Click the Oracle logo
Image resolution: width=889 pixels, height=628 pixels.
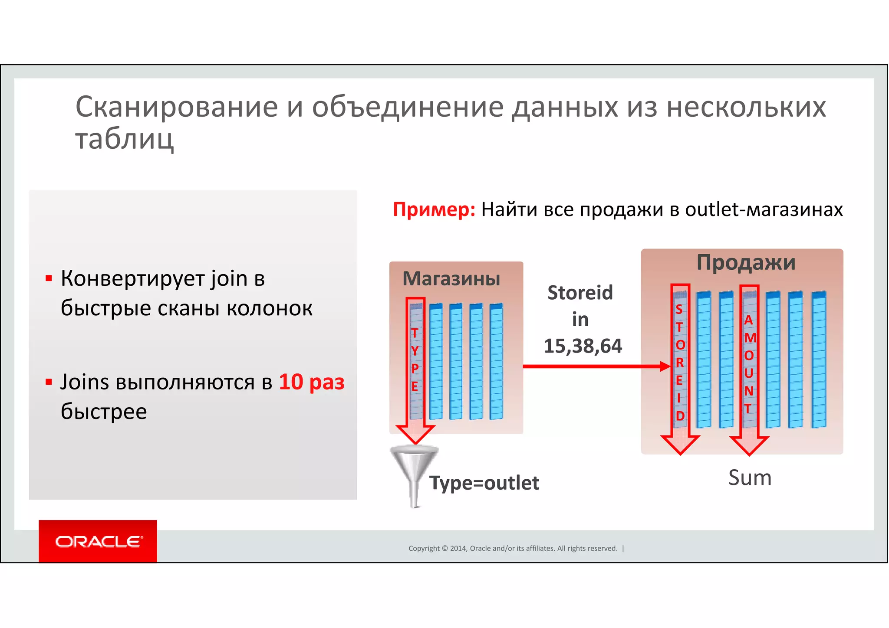click(98, 541)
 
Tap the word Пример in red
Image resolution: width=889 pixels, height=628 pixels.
click(434, 209)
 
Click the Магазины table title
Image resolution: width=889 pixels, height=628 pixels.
click(451, 278)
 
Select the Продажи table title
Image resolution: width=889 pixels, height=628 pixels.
click(746, 262)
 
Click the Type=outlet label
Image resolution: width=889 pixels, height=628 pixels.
click(484, 483)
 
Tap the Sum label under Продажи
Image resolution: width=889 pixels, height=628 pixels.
click(750, 478)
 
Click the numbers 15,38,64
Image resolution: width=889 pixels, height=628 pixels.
click(583, 346)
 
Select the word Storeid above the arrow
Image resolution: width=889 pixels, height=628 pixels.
click(580, 293)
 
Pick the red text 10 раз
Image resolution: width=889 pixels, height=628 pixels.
click(311, 382)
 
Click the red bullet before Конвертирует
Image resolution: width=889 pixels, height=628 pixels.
click(49, 278)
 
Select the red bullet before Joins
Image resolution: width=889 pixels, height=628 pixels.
click(49, 382)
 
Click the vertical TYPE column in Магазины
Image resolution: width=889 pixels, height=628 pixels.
click(415, 360)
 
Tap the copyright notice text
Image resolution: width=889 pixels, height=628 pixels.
click(513, 548)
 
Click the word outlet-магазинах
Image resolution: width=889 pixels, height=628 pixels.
click(764, 209)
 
